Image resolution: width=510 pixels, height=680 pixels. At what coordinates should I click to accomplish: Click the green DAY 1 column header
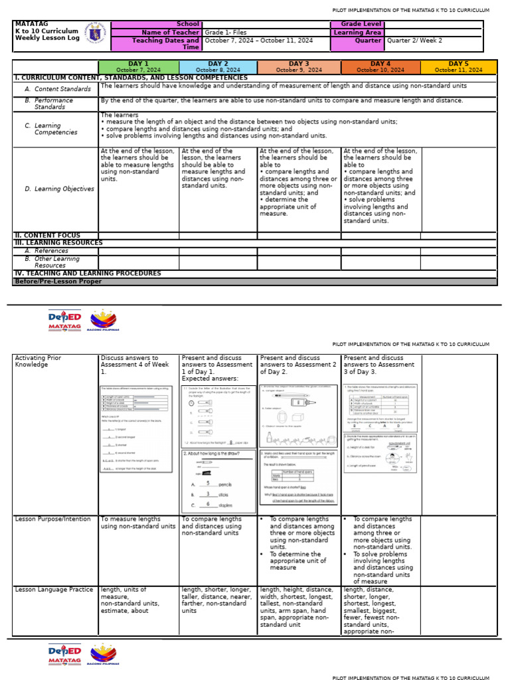(139, 67)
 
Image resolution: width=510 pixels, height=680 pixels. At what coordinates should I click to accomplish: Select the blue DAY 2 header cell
(218, 67)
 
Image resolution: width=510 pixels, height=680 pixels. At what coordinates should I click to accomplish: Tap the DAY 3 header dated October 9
(299, 67)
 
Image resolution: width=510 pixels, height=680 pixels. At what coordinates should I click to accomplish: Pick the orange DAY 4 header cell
(381, 67)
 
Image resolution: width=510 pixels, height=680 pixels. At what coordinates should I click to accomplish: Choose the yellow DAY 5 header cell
(458, 67)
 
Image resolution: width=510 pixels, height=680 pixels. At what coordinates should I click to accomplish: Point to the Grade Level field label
(357, 24)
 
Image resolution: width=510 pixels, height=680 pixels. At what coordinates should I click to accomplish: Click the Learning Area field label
(357, 32)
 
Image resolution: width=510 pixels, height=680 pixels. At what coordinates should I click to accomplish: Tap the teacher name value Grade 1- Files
(226, 32)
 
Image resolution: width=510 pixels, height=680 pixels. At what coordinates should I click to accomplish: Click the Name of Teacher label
(166, 32)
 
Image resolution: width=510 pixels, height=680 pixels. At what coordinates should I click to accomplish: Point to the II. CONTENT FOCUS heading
(47, 235)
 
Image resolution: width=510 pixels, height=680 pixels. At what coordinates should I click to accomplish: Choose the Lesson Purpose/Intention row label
(52, 519)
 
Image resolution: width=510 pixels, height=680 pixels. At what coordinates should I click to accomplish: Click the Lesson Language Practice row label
(54, 590)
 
